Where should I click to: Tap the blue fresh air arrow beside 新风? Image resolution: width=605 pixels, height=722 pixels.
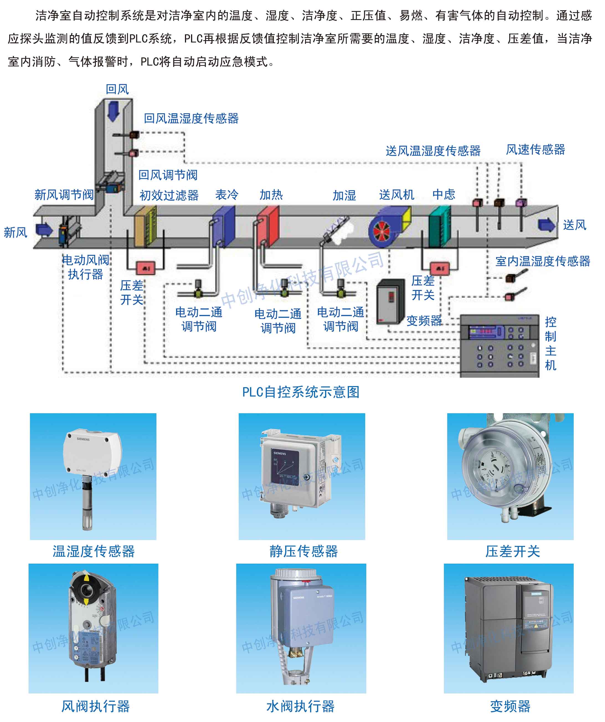point(44,229)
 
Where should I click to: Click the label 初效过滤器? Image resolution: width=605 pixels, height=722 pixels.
point(169,195)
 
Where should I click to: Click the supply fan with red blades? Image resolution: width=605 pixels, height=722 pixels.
point(381,231)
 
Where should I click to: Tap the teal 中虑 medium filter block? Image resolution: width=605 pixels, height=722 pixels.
point(439,227)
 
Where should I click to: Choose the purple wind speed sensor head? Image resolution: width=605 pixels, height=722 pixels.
point(521,203)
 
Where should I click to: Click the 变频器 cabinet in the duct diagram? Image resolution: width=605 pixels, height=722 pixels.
point(390,302)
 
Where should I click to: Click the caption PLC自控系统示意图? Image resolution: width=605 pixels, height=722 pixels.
point(301,392)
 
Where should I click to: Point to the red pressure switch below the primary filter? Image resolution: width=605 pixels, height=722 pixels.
point(146,268)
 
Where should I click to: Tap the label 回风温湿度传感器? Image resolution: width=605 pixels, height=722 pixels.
point(191,118)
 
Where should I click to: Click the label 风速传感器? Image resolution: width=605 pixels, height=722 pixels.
point(535,150)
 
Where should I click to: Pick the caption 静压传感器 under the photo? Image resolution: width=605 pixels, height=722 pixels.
point(303,551)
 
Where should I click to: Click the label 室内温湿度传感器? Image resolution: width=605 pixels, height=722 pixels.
point(542,261)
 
